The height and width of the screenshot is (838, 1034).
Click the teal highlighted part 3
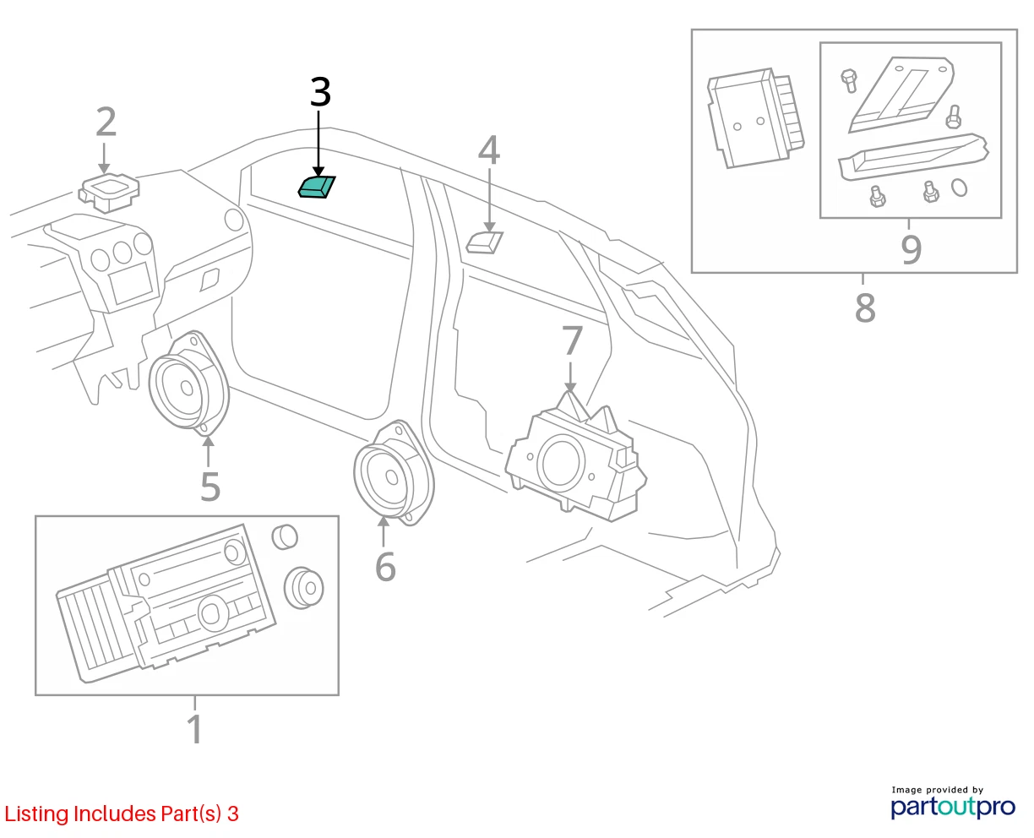(x=317, y=187)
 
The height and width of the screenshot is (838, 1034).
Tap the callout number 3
(x=320, y=92)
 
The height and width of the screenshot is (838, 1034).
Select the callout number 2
(x=106, y=122)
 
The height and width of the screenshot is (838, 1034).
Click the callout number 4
(x=489, y=150)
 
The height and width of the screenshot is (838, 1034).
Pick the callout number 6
(x=385, y=566)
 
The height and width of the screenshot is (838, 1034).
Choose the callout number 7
(x=572, y=340)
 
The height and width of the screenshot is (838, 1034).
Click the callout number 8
(x=865, y=307)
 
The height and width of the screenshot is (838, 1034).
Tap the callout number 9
(x=911, y=249)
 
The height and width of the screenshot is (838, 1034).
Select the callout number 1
(x=194, y=729)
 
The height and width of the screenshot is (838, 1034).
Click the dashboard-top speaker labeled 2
(x=109, y=193)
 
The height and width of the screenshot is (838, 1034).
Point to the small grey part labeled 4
(x=484, y=242)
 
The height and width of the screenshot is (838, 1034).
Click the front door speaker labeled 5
(x=189, y=384)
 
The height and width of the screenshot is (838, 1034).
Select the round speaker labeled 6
(x=394, y=473)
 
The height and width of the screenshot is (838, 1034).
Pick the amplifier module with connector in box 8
(x=755, y=118)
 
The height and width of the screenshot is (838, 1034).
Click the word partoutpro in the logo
(x=953, y=808)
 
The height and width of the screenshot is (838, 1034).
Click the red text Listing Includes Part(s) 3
(x=122, y=814)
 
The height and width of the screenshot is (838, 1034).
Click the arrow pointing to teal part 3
(x=318, y=144)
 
